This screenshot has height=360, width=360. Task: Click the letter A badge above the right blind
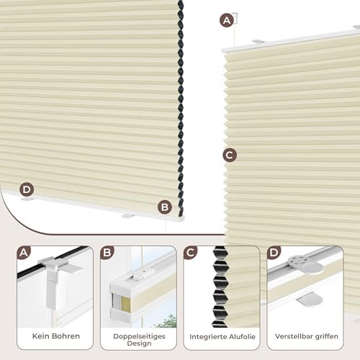pyautogui.click(x=227, y=20)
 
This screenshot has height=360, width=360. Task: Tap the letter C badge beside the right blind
pyautogui.click(x=230, y=155)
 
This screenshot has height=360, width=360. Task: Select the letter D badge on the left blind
pyautogui.click(x=27, y=189)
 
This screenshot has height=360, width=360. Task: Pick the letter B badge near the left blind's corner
pyautogui.click(x=165, y=207)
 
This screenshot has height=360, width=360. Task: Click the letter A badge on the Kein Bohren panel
pyautogui.click(x=24, y=253)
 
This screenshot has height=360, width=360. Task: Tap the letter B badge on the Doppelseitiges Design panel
pyautogui.click(x=107, y=253)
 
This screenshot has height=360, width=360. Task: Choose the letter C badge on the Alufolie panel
pyautogui.click(x=190, y=253)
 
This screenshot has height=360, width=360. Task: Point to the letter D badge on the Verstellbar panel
pyautogui.click(x=274, y=253)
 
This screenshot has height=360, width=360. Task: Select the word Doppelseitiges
pyautogui.click(x=139, y=336)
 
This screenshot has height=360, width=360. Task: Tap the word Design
pyautogui.click(x=139, y=343)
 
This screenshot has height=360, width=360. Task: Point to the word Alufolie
pyautogui.click(x=238, y=337)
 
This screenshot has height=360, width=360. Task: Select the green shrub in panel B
pyautogui.click(x=167, y=321)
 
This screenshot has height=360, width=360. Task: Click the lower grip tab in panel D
pyautogui.click(x=307, y=300)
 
